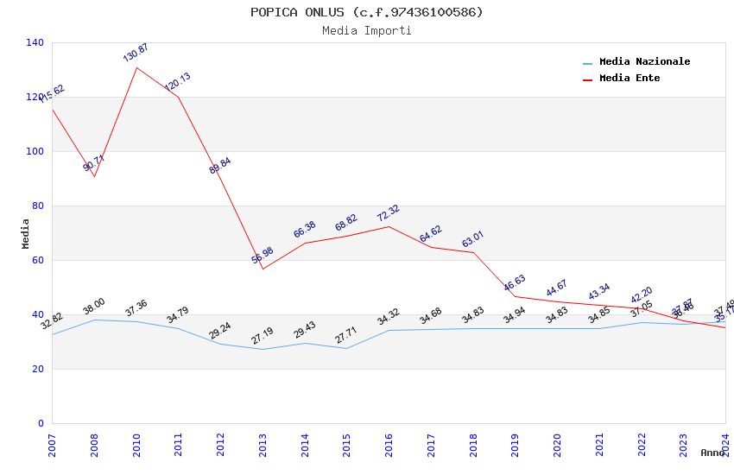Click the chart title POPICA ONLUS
pyautogui.click(x=367, y=12)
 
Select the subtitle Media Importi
pyautogui.click(x=367, y=31)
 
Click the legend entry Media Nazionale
pyautogui.click(x=644, y=62)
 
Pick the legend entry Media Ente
pyautogui.click(x=630, y=79)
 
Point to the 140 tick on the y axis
pyautogui.click(x=35, y=42)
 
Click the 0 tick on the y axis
pyautogui.click(x=41, y=423)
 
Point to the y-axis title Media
pyautogui.click(x=26, y=233)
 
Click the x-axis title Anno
pyautogui.click(x=712, y=453)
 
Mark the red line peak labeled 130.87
pyautogui.click(x=136, y=67)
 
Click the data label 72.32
pyautogui.click(x=389, y=213)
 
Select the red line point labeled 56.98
pyautogui.click(x=263, y=269)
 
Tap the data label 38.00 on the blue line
pyautogui.click(x=94, y=306)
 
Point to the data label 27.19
pyautogui.click(x=263, y=335)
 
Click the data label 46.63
pyautogui.click(x=515, y=282)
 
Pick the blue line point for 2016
pyautogui.click(x=389, y=330)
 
